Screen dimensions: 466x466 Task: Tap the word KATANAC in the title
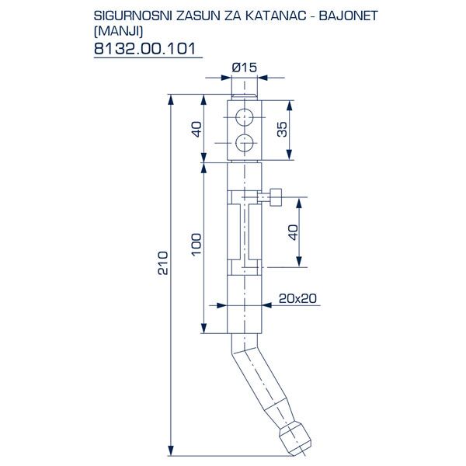click(x=273, y=15)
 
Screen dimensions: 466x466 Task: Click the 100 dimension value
click(x=196, y=243)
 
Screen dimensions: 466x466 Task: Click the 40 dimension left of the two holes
click(x=196, y=129)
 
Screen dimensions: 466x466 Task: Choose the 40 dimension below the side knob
click(x=293, y=232)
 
